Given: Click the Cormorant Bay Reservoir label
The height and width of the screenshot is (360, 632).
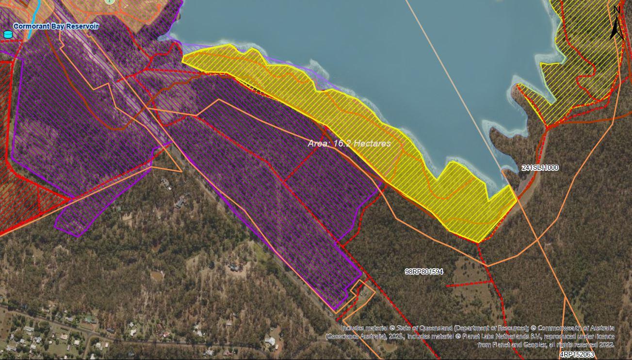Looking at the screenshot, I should [x=56, y=26].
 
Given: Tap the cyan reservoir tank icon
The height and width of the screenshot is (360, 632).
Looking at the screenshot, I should [x=7, y=34].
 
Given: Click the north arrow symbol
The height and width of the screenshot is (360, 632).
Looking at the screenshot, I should [x=616, y=27].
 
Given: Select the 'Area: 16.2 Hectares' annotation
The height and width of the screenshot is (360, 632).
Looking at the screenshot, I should [x=349, y=144].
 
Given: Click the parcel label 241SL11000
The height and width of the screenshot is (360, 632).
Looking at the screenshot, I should [x=540, y=168].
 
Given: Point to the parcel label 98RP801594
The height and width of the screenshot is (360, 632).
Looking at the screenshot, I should [x=423, y=272].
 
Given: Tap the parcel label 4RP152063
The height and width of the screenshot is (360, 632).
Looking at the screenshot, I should [x=577, y=354].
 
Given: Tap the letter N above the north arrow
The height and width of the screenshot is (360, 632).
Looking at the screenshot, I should [x=616, y=10].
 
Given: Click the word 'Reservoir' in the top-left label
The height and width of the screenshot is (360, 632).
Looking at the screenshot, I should [x=81, y=26].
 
